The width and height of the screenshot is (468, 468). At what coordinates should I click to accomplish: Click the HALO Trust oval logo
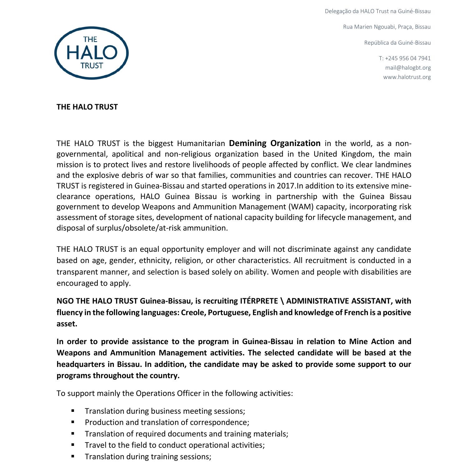(91, 53)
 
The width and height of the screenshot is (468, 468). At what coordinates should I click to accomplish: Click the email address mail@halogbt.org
(408, 68)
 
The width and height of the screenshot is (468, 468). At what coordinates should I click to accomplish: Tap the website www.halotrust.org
(407, 77)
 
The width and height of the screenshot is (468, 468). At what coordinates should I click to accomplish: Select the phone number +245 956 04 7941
(408, 58)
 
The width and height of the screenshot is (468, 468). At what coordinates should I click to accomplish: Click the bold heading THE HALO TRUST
(87, 107)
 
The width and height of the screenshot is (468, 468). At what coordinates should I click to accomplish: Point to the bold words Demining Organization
(275, 143)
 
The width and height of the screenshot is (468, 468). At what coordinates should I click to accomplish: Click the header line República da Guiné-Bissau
(397, 43)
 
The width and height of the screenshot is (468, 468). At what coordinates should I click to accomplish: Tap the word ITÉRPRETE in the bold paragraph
(259, 301)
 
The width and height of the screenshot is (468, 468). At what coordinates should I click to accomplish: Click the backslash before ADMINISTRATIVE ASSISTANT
(282, 301)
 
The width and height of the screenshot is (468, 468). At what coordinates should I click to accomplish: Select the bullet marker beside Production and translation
(73, 422)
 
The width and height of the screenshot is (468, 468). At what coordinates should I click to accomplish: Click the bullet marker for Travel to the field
(73, 445)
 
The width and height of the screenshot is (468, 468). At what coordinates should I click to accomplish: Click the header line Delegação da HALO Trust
(378, 11)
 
